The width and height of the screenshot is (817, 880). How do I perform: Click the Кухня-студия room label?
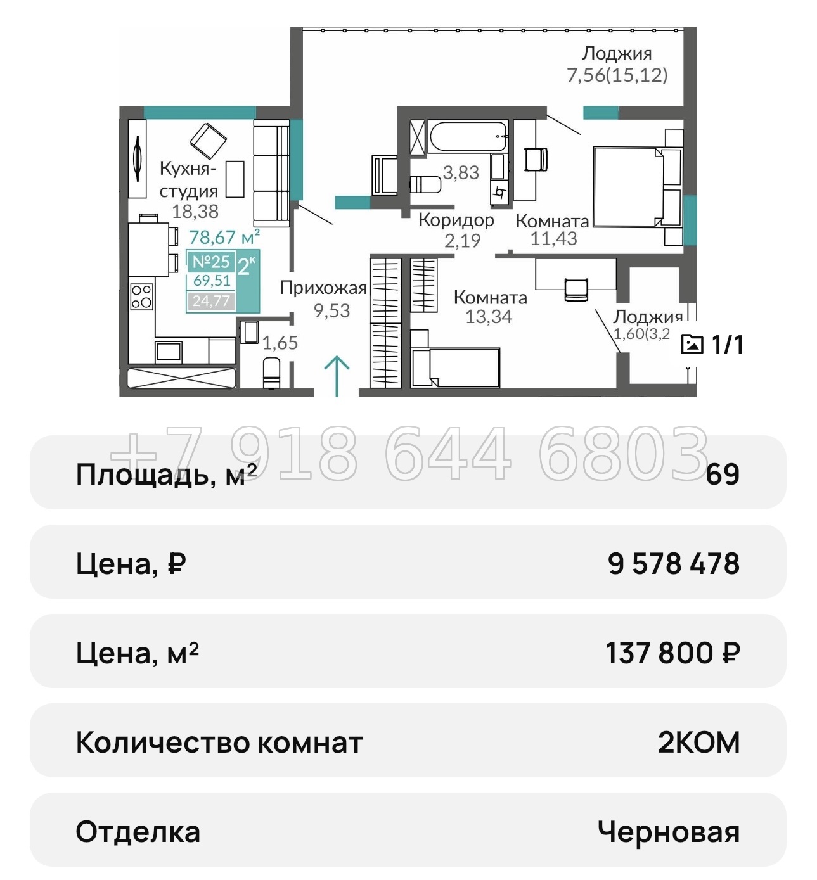(188, 179)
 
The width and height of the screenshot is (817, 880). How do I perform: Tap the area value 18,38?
(195, 211)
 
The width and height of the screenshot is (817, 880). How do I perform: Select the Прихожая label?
(323, 288)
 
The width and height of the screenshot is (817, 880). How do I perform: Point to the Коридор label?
(456, 220)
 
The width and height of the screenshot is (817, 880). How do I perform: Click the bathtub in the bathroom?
(468, 136)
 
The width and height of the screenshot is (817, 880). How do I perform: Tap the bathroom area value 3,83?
(461, 172)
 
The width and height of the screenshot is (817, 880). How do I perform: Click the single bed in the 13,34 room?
(455, 367)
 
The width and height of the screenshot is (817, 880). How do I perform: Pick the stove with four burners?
(141, 297)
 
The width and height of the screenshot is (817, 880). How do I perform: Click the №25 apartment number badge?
(211, 262)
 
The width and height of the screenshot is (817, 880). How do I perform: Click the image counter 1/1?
(712, 345)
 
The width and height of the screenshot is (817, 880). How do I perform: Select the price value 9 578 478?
(673, 563)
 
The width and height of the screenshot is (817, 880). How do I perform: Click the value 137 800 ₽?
(672, 653)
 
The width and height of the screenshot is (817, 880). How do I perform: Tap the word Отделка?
(138, 832)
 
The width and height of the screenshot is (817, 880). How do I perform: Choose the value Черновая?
(669, 832)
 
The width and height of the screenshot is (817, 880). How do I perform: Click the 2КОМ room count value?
(698, 743)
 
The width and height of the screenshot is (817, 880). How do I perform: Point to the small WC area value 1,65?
(280, 343)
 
